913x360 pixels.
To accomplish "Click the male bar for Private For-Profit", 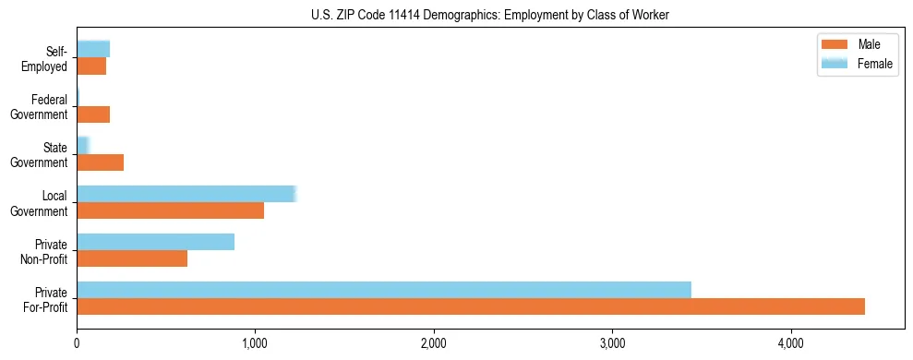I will click(471, 306).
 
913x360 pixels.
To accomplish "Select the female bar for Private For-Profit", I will click(384, 290).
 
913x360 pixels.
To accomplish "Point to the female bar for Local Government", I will click(186, 194).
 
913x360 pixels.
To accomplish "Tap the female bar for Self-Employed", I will click(93, 49).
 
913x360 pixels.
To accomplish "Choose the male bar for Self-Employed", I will click(91, 66).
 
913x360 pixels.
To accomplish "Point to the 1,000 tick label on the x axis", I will click(255, 343).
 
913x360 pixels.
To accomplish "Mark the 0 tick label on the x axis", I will click(77, 343).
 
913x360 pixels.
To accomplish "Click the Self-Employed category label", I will click(48, 58).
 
